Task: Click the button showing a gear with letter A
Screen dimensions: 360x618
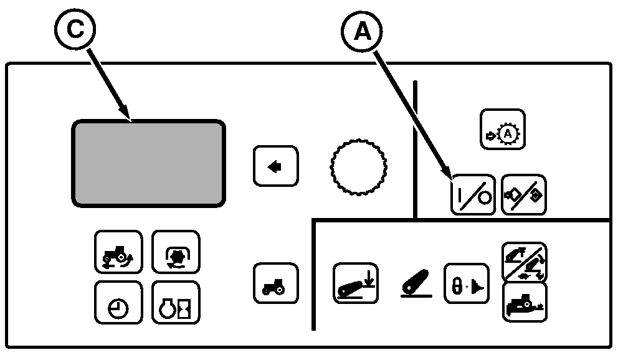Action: tap(503, 130)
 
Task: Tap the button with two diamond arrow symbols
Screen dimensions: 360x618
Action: tap(524, 194)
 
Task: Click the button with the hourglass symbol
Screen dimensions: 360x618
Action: tap(176, 303)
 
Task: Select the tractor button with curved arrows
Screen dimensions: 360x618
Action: tap(118, 252)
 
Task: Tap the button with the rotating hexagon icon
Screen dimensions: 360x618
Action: tap(176, 252)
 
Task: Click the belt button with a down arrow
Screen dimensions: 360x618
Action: tap(355, 283)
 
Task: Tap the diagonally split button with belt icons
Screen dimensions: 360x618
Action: tap(524, 262)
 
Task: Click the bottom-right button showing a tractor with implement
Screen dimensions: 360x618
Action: tap(524, 303)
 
